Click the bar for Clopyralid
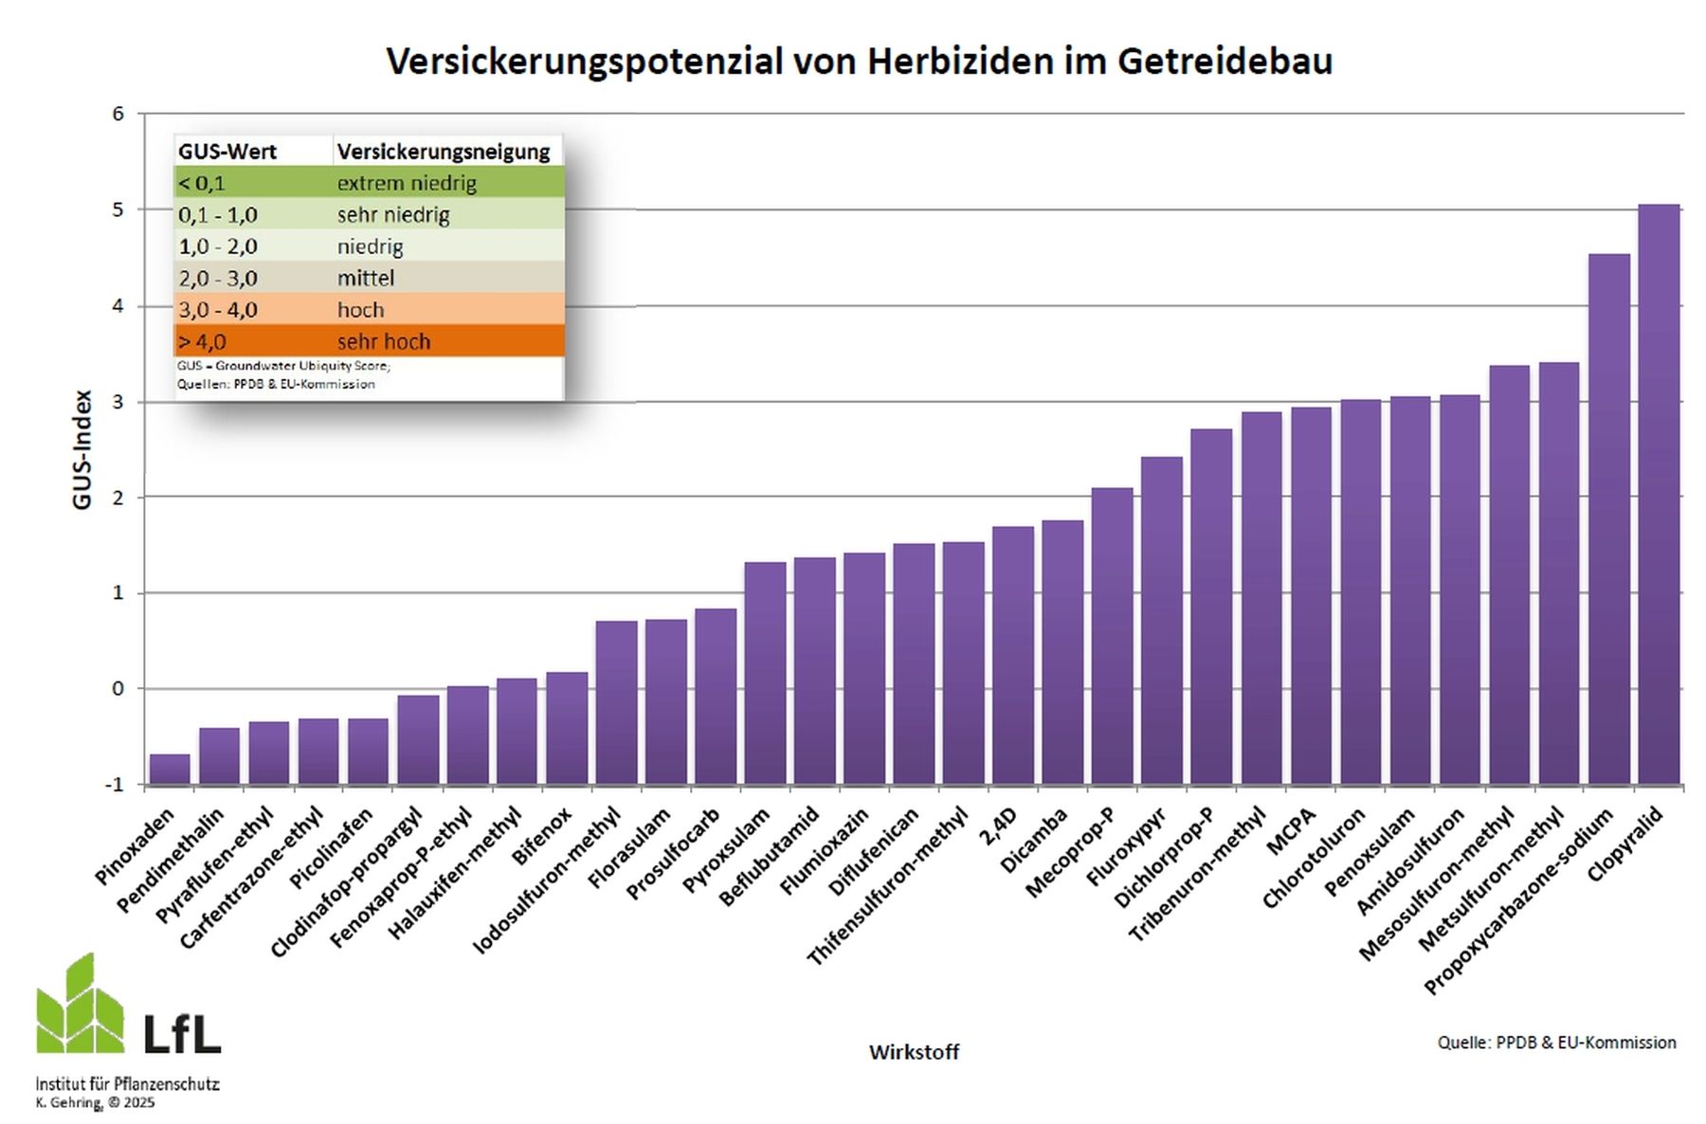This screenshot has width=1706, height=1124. pyautogui.click(x=1659, y=493)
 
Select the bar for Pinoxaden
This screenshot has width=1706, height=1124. pyautogui.click(x=170, y=769)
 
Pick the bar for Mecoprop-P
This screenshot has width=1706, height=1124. pyautogui.click(x=1112, y=635)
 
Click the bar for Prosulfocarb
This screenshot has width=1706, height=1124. pyautogui.click(x=716, y=696)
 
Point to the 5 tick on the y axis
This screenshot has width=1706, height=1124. pyautogui.click(x=118, y=209)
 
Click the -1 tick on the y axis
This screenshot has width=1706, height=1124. pyautogui.click(x=115, y=785)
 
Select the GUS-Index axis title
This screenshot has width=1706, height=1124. pyautogui.click(x=82, y=449)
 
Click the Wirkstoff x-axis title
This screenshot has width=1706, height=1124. pyautogui.click(x=914, y=1052)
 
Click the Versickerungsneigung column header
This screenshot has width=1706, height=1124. pyautogui.click(x=444, y=152)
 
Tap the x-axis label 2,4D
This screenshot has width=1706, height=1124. pyautogui.click(x=998, y=826)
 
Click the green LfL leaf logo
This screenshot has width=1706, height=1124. pyautogui.click(x=80, y=1005)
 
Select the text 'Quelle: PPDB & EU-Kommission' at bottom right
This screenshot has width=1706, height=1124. pyautogui.click(x=1556, y=1042)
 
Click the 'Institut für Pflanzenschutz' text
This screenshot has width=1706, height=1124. pyautogui.click(x=127, y=1083)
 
